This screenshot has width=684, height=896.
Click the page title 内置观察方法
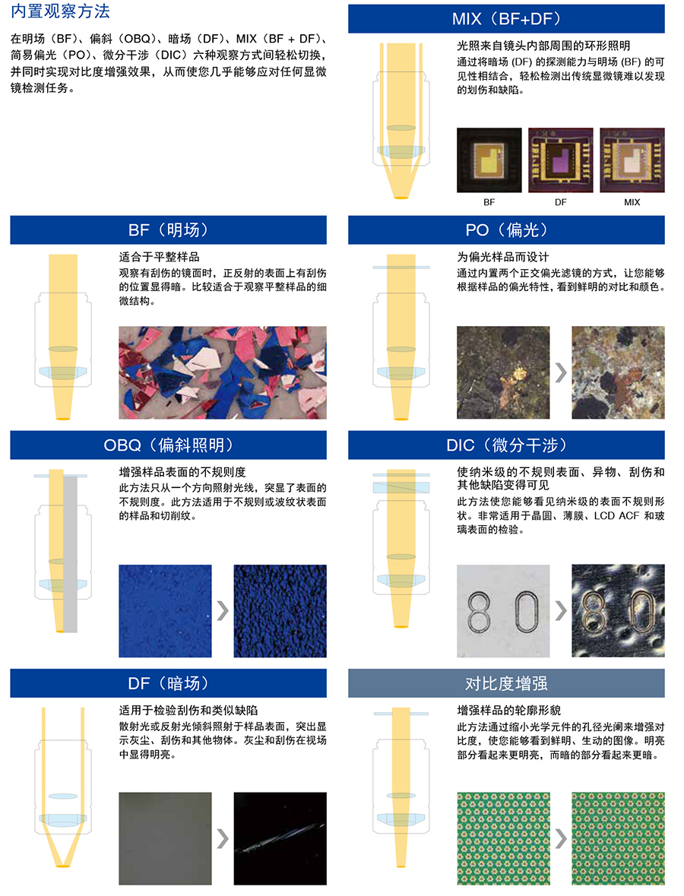60,12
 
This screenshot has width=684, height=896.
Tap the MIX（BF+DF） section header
506,18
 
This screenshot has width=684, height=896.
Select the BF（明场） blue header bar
168,230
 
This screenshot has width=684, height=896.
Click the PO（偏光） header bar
506,230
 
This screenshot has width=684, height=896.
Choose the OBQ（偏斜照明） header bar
168,445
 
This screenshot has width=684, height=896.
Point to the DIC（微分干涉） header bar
506,445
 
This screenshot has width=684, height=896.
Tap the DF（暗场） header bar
168,683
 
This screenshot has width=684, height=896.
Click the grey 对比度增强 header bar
506,683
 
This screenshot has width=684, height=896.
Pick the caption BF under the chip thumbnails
489,202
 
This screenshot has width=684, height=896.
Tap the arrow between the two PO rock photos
560,372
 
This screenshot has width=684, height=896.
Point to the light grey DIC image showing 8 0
503,610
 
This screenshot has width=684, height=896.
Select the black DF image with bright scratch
280,838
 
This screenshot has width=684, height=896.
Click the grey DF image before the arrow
165,838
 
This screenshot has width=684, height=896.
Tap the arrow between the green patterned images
560,838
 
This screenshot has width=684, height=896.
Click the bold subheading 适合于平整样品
159,257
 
